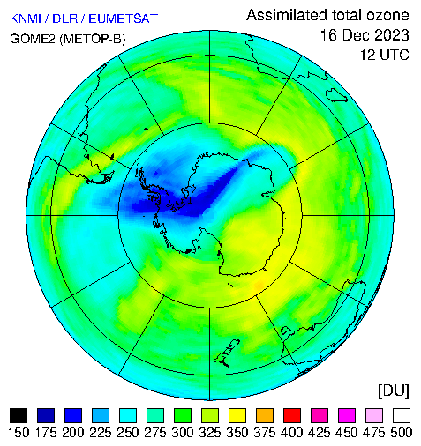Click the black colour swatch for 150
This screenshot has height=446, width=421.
click(19, 415)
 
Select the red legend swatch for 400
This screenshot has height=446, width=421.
click(292, 415)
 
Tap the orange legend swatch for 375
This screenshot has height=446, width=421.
click(265, 415)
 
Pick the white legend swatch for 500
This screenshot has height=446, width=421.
click(402, 415)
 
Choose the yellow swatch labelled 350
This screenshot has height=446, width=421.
click(237, 415)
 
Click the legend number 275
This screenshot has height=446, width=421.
click(155, 433)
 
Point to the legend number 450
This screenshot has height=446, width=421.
click(347, 433)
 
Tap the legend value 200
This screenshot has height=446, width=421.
click(73, 433)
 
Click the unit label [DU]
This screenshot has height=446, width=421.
click(394, 390)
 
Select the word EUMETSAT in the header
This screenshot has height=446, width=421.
click(124, 19)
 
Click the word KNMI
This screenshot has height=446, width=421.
click(26, 19)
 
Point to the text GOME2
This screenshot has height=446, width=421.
click(33, 39)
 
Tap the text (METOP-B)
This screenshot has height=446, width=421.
click(93, 39)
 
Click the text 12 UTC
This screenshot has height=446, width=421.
click(385, 55)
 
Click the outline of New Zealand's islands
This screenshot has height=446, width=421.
click(227, 353)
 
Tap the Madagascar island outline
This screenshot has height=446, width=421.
click(336, 94)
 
